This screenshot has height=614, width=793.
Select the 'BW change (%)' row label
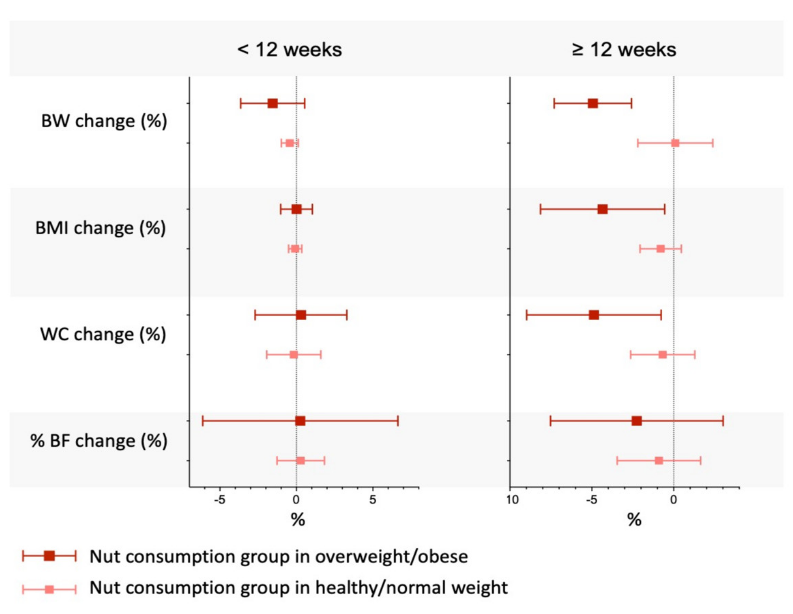point(104,121)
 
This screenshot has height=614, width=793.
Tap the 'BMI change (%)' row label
point(101,228)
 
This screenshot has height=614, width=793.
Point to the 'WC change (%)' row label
point(103,334)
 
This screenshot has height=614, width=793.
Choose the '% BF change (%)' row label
point(99,441)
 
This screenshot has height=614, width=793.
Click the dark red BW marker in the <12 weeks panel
point(273,103)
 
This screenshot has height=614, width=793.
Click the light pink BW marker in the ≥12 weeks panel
point(675,143)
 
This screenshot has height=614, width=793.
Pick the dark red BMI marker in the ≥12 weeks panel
point(602,209)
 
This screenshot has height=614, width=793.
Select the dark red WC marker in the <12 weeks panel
point(301,315)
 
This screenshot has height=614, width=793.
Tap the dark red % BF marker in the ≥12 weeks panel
point(636,421)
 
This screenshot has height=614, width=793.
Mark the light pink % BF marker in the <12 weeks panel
point(301,461)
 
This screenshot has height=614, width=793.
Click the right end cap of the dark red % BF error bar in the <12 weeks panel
point(398,421)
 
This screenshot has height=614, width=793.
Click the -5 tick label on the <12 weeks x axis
point(219,500)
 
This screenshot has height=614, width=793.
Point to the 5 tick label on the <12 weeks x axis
point(373,500)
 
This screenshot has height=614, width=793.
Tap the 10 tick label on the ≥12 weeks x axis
point(512,500)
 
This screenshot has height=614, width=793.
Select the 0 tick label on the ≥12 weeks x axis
point(674,500)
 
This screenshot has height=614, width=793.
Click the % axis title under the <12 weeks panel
point(298,520)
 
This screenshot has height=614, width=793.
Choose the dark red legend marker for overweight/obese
point(49,556)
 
